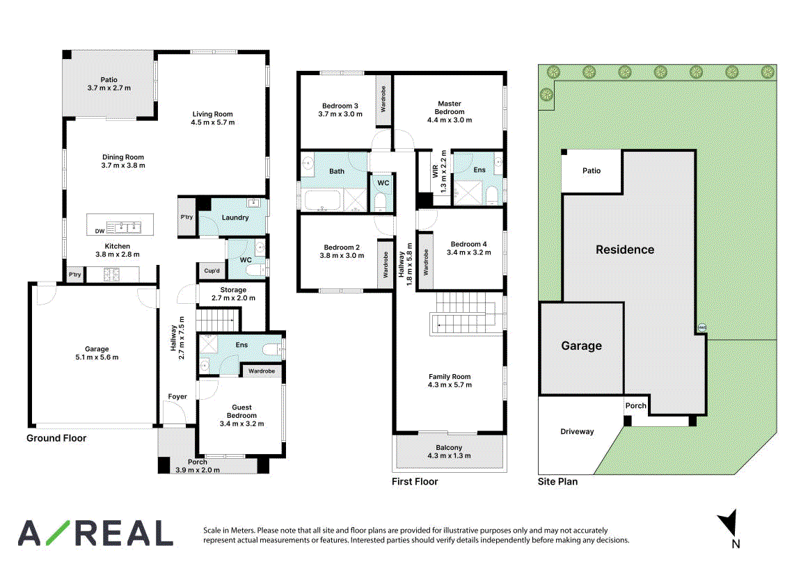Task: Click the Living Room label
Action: tap(212, 114)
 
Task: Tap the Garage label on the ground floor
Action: tap(97, 349)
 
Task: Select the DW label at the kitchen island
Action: tap(100, 231)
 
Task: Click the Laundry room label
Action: tap(235, 218)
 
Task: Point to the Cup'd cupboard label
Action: tap(212, 270)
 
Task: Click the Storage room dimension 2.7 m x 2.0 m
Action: tap(233, 298)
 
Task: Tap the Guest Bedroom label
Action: tap(241, 412)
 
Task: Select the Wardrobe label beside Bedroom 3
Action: tap(383, 99)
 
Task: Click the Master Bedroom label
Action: tap(450, 108)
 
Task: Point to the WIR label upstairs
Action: tap(435, 171)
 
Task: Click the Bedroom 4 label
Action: tap(468, 244)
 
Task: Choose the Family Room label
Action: tap(450, 377)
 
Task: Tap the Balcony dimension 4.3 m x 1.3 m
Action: tap(449, 455)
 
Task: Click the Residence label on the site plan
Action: tap(625, 250)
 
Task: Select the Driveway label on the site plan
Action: tap(577, 431)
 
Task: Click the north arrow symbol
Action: tap(727, 522)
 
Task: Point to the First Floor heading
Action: tap(415, 481)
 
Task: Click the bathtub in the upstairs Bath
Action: tap(322, 200)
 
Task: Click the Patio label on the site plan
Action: tap(592, 170)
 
